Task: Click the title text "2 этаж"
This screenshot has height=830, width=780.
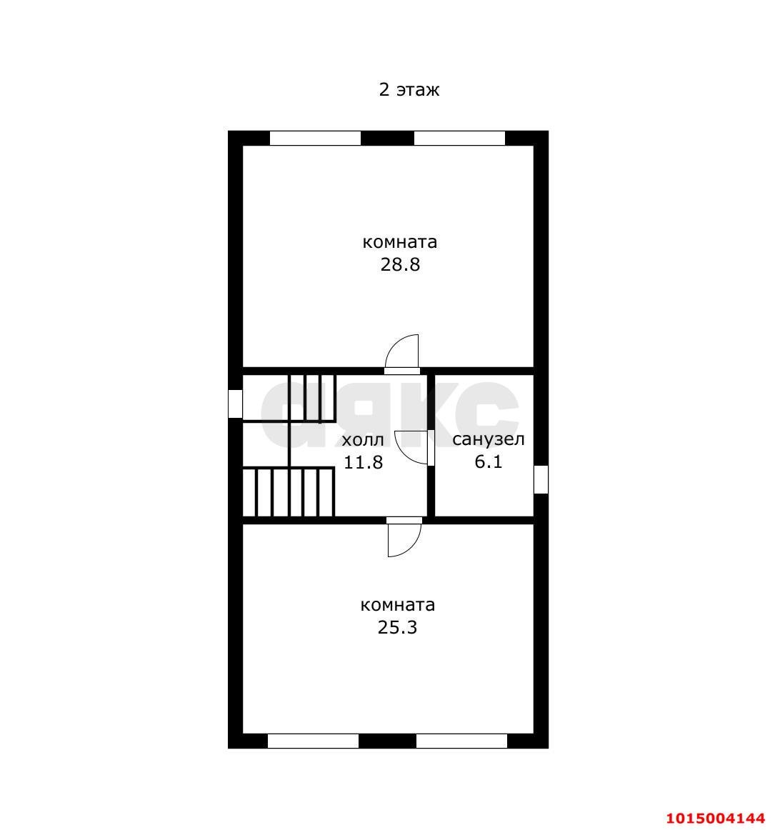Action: click(409, 90)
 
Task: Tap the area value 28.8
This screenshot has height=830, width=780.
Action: click(399, 265)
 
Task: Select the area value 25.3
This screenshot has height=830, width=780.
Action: click(397, 628)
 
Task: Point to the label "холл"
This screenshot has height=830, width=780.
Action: click(363, 439)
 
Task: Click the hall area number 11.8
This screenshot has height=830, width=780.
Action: click(363, 462)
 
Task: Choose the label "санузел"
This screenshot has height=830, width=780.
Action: click(489, 439)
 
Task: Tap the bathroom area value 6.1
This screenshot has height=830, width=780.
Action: click(489, 461)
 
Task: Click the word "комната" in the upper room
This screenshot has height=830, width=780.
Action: click(399, 242)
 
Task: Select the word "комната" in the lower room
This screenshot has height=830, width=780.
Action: click(397, 605)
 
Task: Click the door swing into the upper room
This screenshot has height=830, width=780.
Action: click(402, 353)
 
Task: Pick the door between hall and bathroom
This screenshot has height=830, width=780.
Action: click(413, 448)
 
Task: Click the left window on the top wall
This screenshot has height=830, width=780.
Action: click(315, 138)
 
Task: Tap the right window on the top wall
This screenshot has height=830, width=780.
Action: click(459, 138)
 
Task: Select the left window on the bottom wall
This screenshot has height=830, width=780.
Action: click(313, 741)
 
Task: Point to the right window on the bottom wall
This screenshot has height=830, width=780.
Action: click(461, 741)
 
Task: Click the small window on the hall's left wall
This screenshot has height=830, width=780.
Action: click(235, 404)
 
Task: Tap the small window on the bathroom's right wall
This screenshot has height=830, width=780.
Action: click(541, 479)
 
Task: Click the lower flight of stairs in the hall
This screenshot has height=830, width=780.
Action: click(289, 491)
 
